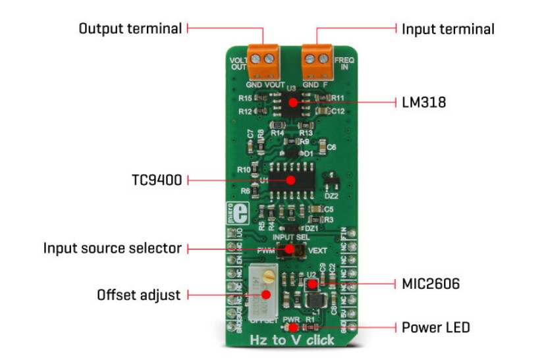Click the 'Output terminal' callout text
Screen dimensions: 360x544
(x=130, y=29)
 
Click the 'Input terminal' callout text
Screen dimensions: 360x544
(x=448, y=29)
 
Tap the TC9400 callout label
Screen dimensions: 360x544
(x=157, y=179)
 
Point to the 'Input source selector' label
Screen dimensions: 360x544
(x=112, y=248)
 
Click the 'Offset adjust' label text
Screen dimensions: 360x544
(x=138, y=295)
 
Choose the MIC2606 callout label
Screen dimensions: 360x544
(x=430, y=284)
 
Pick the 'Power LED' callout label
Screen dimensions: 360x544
(x=435, y=326)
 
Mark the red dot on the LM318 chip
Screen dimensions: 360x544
(x=290, y=102)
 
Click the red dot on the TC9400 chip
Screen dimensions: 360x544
(x=288, y=179)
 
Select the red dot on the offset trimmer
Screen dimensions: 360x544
(x=267, y=295)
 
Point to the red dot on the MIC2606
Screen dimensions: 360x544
(x=313, y=284)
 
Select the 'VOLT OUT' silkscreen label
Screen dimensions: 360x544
(x=237, y=63)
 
